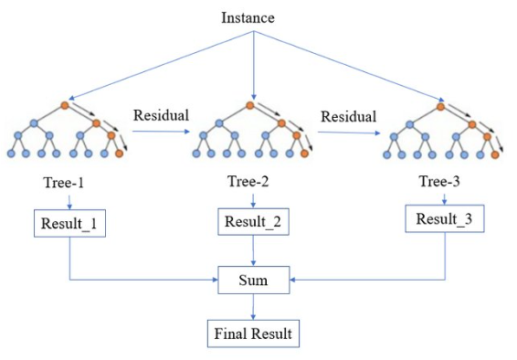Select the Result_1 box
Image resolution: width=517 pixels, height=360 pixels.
[69, 223]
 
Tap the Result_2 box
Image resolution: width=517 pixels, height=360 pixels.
[251, 220]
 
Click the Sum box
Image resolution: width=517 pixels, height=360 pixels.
[253, 280]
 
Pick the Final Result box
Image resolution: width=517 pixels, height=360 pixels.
[253, 334]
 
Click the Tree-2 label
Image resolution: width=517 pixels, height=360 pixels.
[251, 181]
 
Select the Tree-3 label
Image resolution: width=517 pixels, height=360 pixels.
[443, 181]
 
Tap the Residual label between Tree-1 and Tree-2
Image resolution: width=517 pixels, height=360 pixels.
[162, 116]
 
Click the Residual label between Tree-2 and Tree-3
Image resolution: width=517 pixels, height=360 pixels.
[348, 117]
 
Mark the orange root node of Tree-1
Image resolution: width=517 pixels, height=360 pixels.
[65, 105]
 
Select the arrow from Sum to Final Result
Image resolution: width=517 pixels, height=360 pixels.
[253, 307]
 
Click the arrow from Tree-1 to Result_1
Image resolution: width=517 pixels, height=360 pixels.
[69, 202]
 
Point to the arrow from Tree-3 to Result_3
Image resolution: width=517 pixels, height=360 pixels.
[444, 196]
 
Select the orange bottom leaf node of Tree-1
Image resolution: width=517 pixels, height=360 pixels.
[119, 154]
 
